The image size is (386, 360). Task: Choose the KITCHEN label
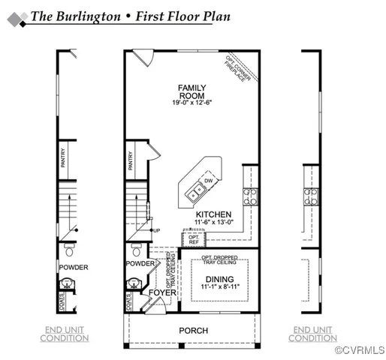pyautogui.click(x=213, y=214)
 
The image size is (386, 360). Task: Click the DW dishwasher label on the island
pyautogui.click(x=207, y=181)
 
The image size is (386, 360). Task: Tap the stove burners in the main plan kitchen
pyautogui.click(x=250, y=196)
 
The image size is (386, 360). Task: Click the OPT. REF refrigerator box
pyautogui.click(x=193, y=239)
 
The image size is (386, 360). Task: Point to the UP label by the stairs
pyautogui.click(x=156, y=229)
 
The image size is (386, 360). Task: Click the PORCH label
pyautogui.click(x=193, y=331)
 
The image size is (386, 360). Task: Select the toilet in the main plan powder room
pyautogui.click(x=137, y=250)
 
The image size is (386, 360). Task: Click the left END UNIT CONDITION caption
pyautogui.click(x=65, y=334)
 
